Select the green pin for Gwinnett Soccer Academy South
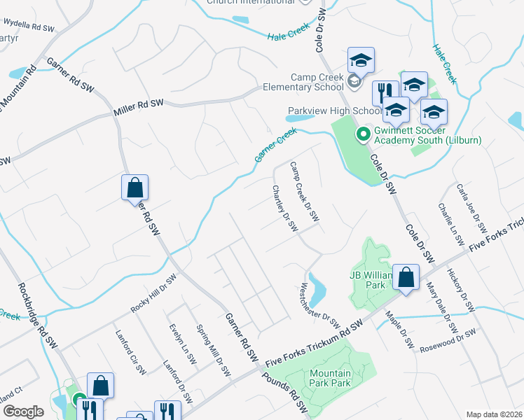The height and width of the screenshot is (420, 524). point(364,134)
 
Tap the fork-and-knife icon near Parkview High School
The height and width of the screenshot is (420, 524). point(385,92)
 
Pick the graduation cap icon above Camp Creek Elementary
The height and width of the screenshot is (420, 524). point(361,60)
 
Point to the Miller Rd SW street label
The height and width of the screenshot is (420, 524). point(138,108)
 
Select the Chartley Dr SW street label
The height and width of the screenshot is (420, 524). point(285,209)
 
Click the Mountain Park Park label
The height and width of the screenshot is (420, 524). point(331,379)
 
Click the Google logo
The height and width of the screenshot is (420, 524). point(23,412)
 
